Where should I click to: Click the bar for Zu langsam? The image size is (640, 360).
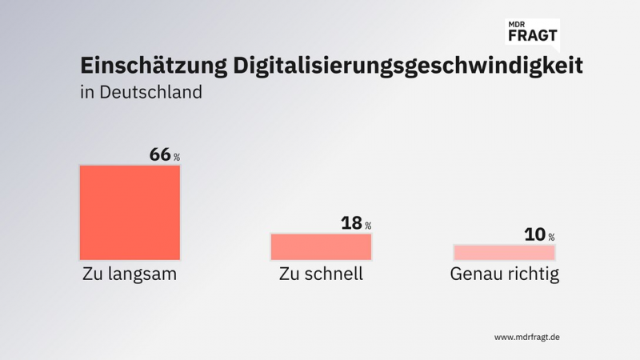pyautogui.click(x=130, y=212)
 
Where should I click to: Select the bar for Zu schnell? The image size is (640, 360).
pyautogui.click(x=321, y=246)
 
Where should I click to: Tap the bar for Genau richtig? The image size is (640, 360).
pyautogui.click(x=504, y=252)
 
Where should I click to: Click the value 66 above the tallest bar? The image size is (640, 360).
pyautogui.click(x=160, y=154)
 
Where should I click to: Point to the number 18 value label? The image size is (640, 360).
pyautogui.click(x=351, y=223)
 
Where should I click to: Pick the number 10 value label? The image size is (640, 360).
pyautogui.click(x=534, y=234)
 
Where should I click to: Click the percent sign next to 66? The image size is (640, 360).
pyautogui.click(x=177, y=158)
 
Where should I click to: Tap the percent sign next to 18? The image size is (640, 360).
pyautogui.click(x=368, y=226)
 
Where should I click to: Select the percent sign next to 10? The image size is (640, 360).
pyautogui.click(x=551, y=238)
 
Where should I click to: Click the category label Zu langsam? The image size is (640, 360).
pyautogui.click(x=130, y=274)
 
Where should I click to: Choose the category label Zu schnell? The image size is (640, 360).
pyautogui.click(x=321, y=274)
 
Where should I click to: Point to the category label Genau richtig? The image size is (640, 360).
pyautogui.click(x=504, y=274)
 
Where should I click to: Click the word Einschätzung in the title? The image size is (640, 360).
pyautogui.click(x=152, y=66)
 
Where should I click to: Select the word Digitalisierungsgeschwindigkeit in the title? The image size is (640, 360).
pyautogui.click(x=408, y=66)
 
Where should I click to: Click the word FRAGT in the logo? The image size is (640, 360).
pyautogui.click(x=532, y=35)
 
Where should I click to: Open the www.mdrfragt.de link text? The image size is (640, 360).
pyautogui.click(x=526, y=337)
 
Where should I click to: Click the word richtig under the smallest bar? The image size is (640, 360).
pyautogui.click(x=530, y=274)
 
